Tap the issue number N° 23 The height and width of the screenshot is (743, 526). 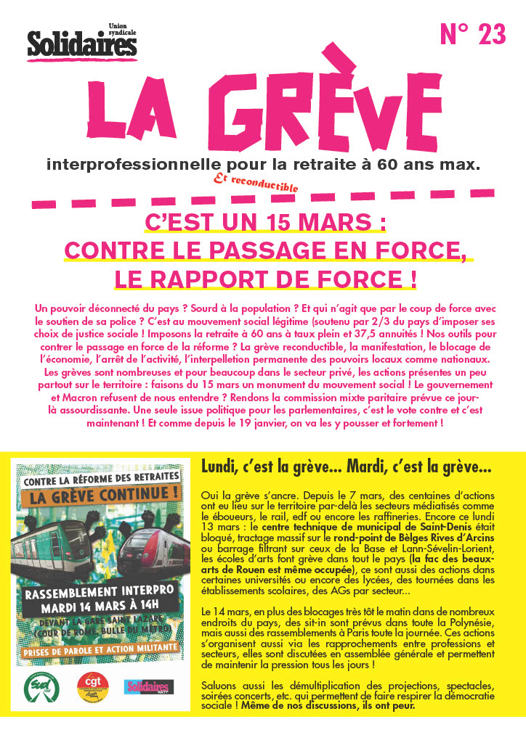tap(473, 35)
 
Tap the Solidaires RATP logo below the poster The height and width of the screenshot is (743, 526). tap(148, 686)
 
